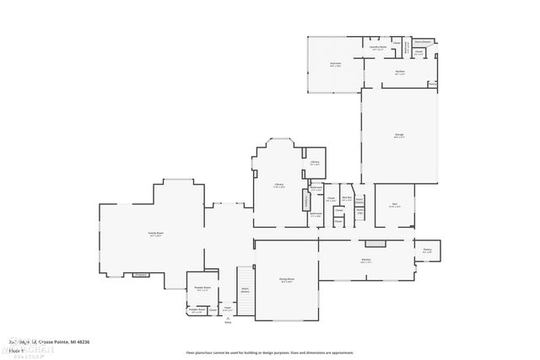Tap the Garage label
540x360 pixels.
coord(398,134)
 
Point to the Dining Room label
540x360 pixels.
coord(287,279)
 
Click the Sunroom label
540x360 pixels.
coord(335,64)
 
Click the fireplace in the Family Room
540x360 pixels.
coord(141,274)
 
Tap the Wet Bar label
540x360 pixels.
coord(346,199)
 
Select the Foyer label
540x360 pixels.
coord(228,309)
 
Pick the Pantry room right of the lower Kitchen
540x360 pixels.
coord(427,250)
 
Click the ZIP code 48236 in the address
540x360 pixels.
coord(82,341)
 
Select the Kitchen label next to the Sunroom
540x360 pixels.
coord(400,72)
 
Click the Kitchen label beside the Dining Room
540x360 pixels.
coord(366,261)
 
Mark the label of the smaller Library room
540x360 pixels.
coord(314,163)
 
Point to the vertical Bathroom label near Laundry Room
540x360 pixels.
coord(406,47)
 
